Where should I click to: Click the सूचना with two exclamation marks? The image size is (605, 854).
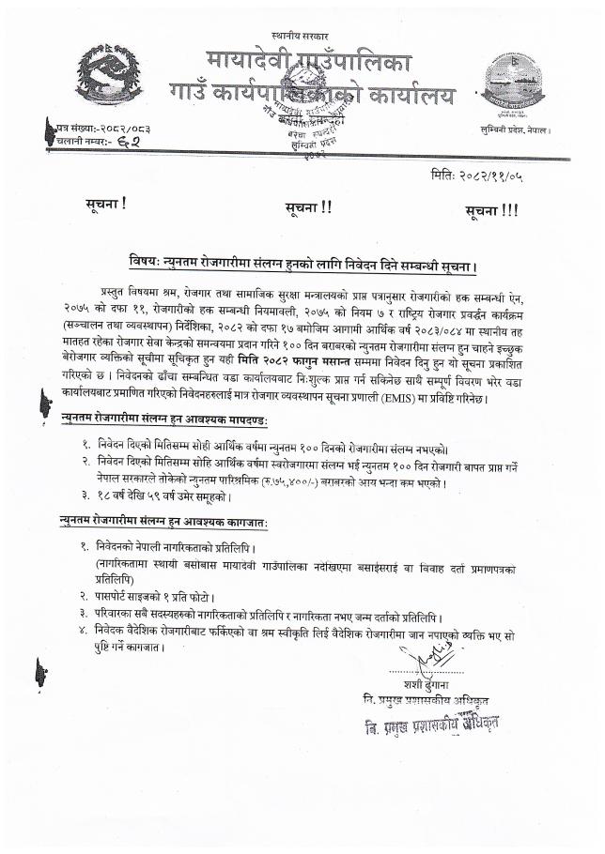tap(307, 207)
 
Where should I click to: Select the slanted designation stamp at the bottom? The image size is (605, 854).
tap(432, 724)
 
